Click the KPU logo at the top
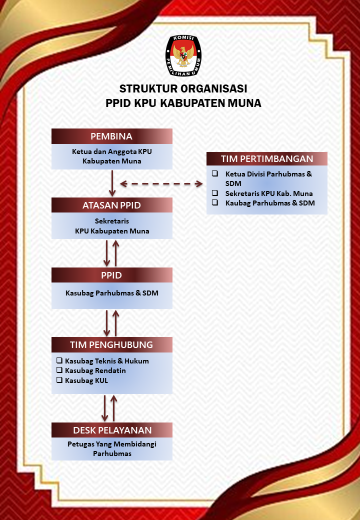coord(183,55)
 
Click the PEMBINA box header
coord(111,136)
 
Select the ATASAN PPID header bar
coord(111,205)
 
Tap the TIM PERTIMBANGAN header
coord(267,159)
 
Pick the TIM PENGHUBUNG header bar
coord(111,345)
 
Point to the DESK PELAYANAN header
coord(111,430)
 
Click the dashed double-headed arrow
coord(161,183)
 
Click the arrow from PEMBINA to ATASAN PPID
coord(112,183)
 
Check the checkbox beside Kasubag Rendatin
coord(59,370)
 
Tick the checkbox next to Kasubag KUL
coord(59,380)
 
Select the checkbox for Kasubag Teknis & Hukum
coord(59,360)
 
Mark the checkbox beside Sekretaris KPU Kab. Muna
coord(215,193)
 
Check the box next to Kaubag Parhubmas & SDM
coord(215,202)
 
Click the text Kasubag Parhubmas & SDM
coord(111,293)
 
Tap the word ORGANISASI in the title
coord(214,88)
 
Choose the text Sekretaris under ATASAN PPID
coord(111,221)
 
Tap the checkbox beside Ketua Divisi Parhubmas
coord(215,173)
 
